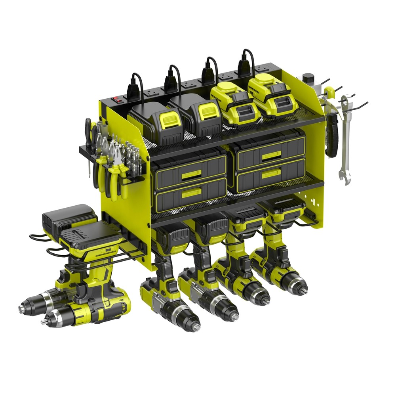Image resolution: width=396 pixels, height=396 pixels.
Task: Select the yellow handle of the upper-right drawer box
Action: click(271, 155)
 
